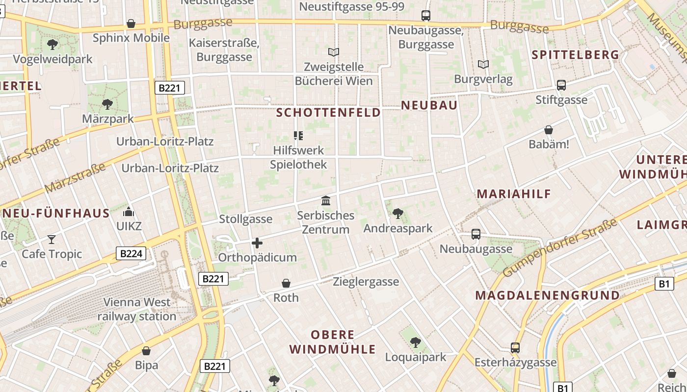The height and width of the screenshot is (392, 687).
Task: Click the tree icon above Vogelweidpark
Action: (53, 45)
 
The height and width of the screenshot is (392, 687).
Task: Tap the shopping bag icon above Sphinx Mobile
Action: (131, 24)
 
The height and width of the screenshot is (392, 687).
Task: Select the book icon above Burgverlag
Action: (483, 64)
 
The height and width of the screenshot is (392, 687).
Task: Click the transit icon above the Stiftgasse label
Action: (561, 85)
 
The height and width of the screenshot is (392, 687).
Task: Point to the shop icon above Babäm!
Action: (549, 130)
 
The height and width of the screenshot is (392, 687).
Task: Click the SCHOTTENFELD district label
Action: (328, 113)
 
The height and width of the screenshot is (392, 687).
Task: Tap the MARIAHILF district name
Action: (514, 194)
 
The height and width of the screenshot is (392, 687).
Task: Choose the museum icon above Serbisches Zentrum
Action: (326, 200)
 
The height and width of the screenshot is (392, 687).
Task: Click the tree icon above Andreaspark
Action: (398, 213)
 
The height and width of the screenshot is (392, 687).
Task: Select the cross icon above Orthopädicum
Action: (257, 243)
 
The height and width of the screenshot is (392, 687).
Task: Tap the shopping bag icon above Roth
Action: (286, 283)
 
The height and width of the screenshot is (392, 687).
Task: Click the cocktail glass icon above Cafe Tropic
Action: (52, 239)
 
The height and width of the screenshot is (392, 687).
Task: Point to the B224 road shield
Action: (132, 253)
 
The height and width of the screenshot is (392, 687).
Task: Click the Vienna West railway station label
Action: (136, 309)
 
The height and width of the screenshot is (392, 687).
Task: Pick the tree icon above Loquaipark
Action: (416, 342)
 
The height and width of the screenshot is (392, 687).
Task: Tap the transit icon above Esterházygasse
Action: (515, 348)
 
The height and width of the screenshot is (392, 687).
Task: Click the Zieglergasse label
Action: (366, 282)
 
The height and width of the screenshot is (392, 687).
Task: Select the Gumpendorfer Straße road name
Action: (560, 248)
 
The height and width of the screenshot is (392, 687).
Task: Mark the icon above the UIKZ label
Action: (129, 212)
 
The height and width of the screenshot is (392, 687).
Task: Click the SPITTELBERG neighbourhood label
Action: (576, 55)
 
